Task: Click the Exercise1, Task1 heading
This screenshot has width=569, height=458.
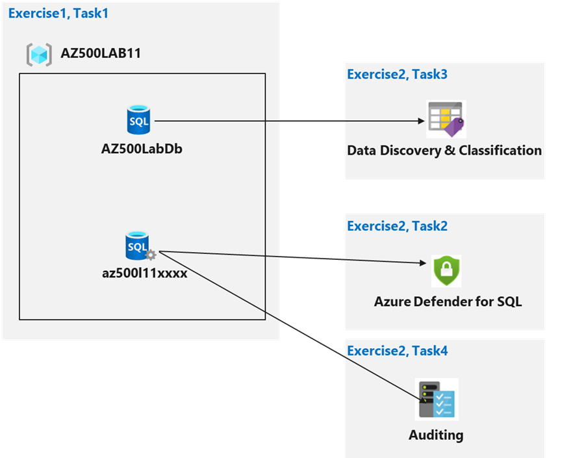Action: pyautogui.click(x=58, y=13)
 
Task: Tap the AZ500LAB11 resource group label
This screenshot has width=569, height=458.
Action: pyautogui.click(x=101, y=53)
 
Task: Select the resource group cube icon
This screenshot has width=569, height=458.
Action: pyautogui.click(x=39, y=54)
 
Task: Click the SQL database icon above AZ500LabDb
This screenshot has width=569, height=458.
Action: pyautogui.click(x=138, y=121)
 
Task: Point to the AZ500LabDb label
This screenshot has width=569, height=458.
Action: pyautogui.click(x=142, y=148)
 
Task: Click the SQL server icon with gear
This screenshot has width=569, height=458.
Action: pyautogui.click(x=138, y=246)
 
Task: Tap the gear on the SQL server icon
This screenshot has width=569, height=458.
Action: pyautogui.click(x=151, y=255)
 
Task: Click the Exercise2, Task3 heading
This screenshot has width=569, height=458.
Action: pyautogui.click(x=397, y=74)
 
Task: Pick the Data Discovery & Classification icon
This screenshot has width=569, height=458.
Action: pyautogui.click(x=445, y=119)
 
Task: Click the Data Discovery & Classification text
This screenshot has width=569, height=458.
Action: pyautogui.click(x=444, y=151)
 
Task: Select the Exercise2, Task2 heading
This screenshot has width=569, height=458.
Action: pyautogui.click(x=397, y=226)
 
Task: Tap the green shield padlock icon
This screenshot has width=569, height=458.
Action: pyautogui.click(x=446, y=271)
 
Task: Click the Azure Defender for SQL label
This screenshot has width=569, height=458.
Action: pyautogui.click(x=448, y=301)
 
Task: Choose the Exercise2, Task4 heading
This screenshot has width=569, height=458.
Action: pyautogui.click(x=397, y=351)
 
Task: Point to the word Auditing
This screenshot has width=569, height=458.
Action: pyautogui.click(x=436, y=435)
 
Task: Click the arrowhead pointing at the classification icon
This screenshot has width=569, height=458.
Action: pyautogui.click(x=420, y=121)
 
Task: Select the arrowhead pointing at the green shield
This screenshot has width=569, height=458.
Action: pyautogui.click(x=426, y=262)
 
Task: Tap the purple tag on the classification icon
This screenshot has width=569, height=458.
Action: pyautogui.click(x=453, y=128)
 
